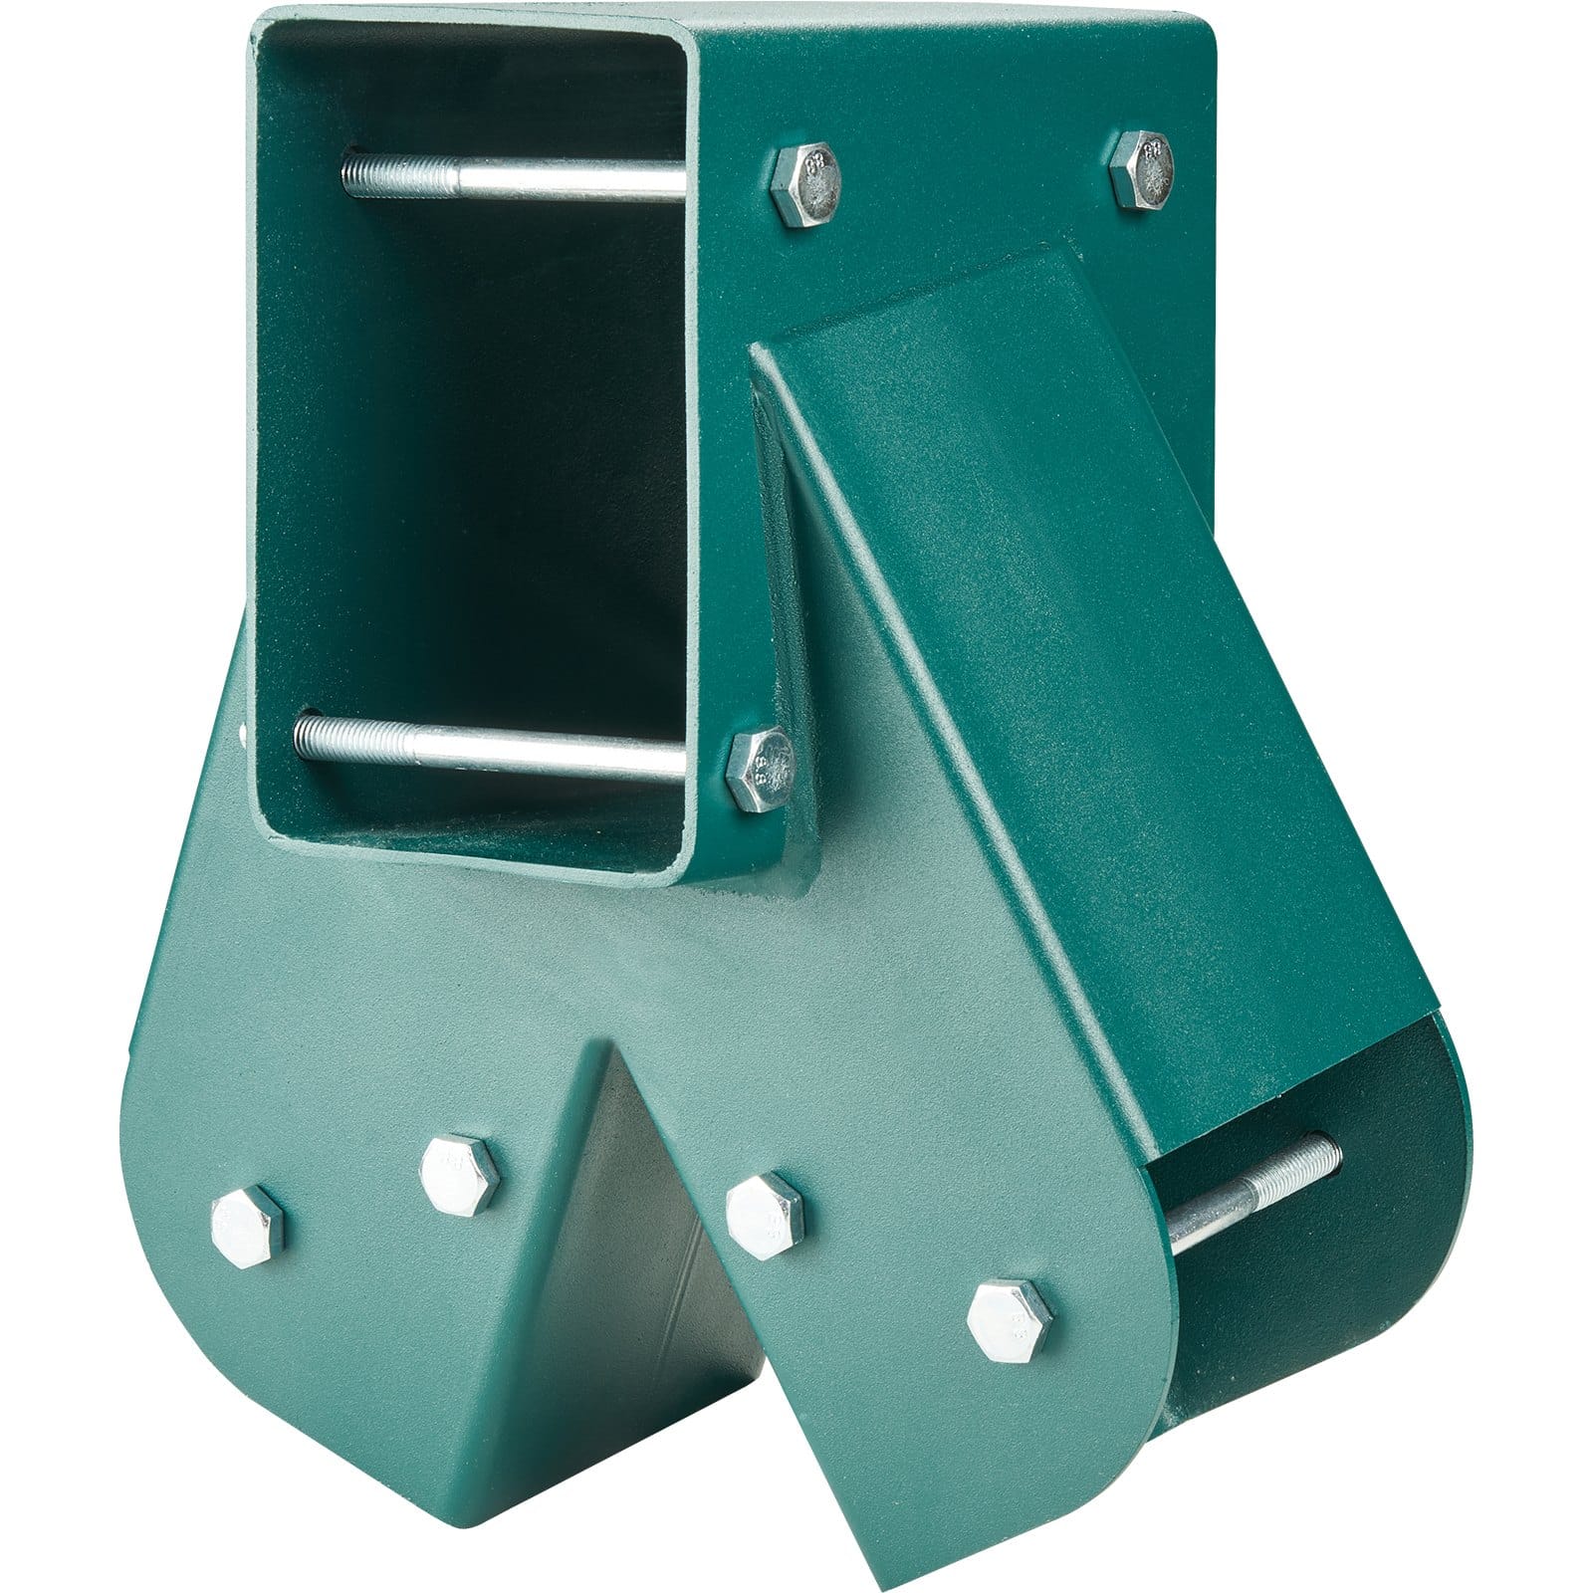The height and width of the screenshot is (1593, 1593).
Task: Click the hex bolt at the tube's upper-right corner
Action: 1142,168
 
